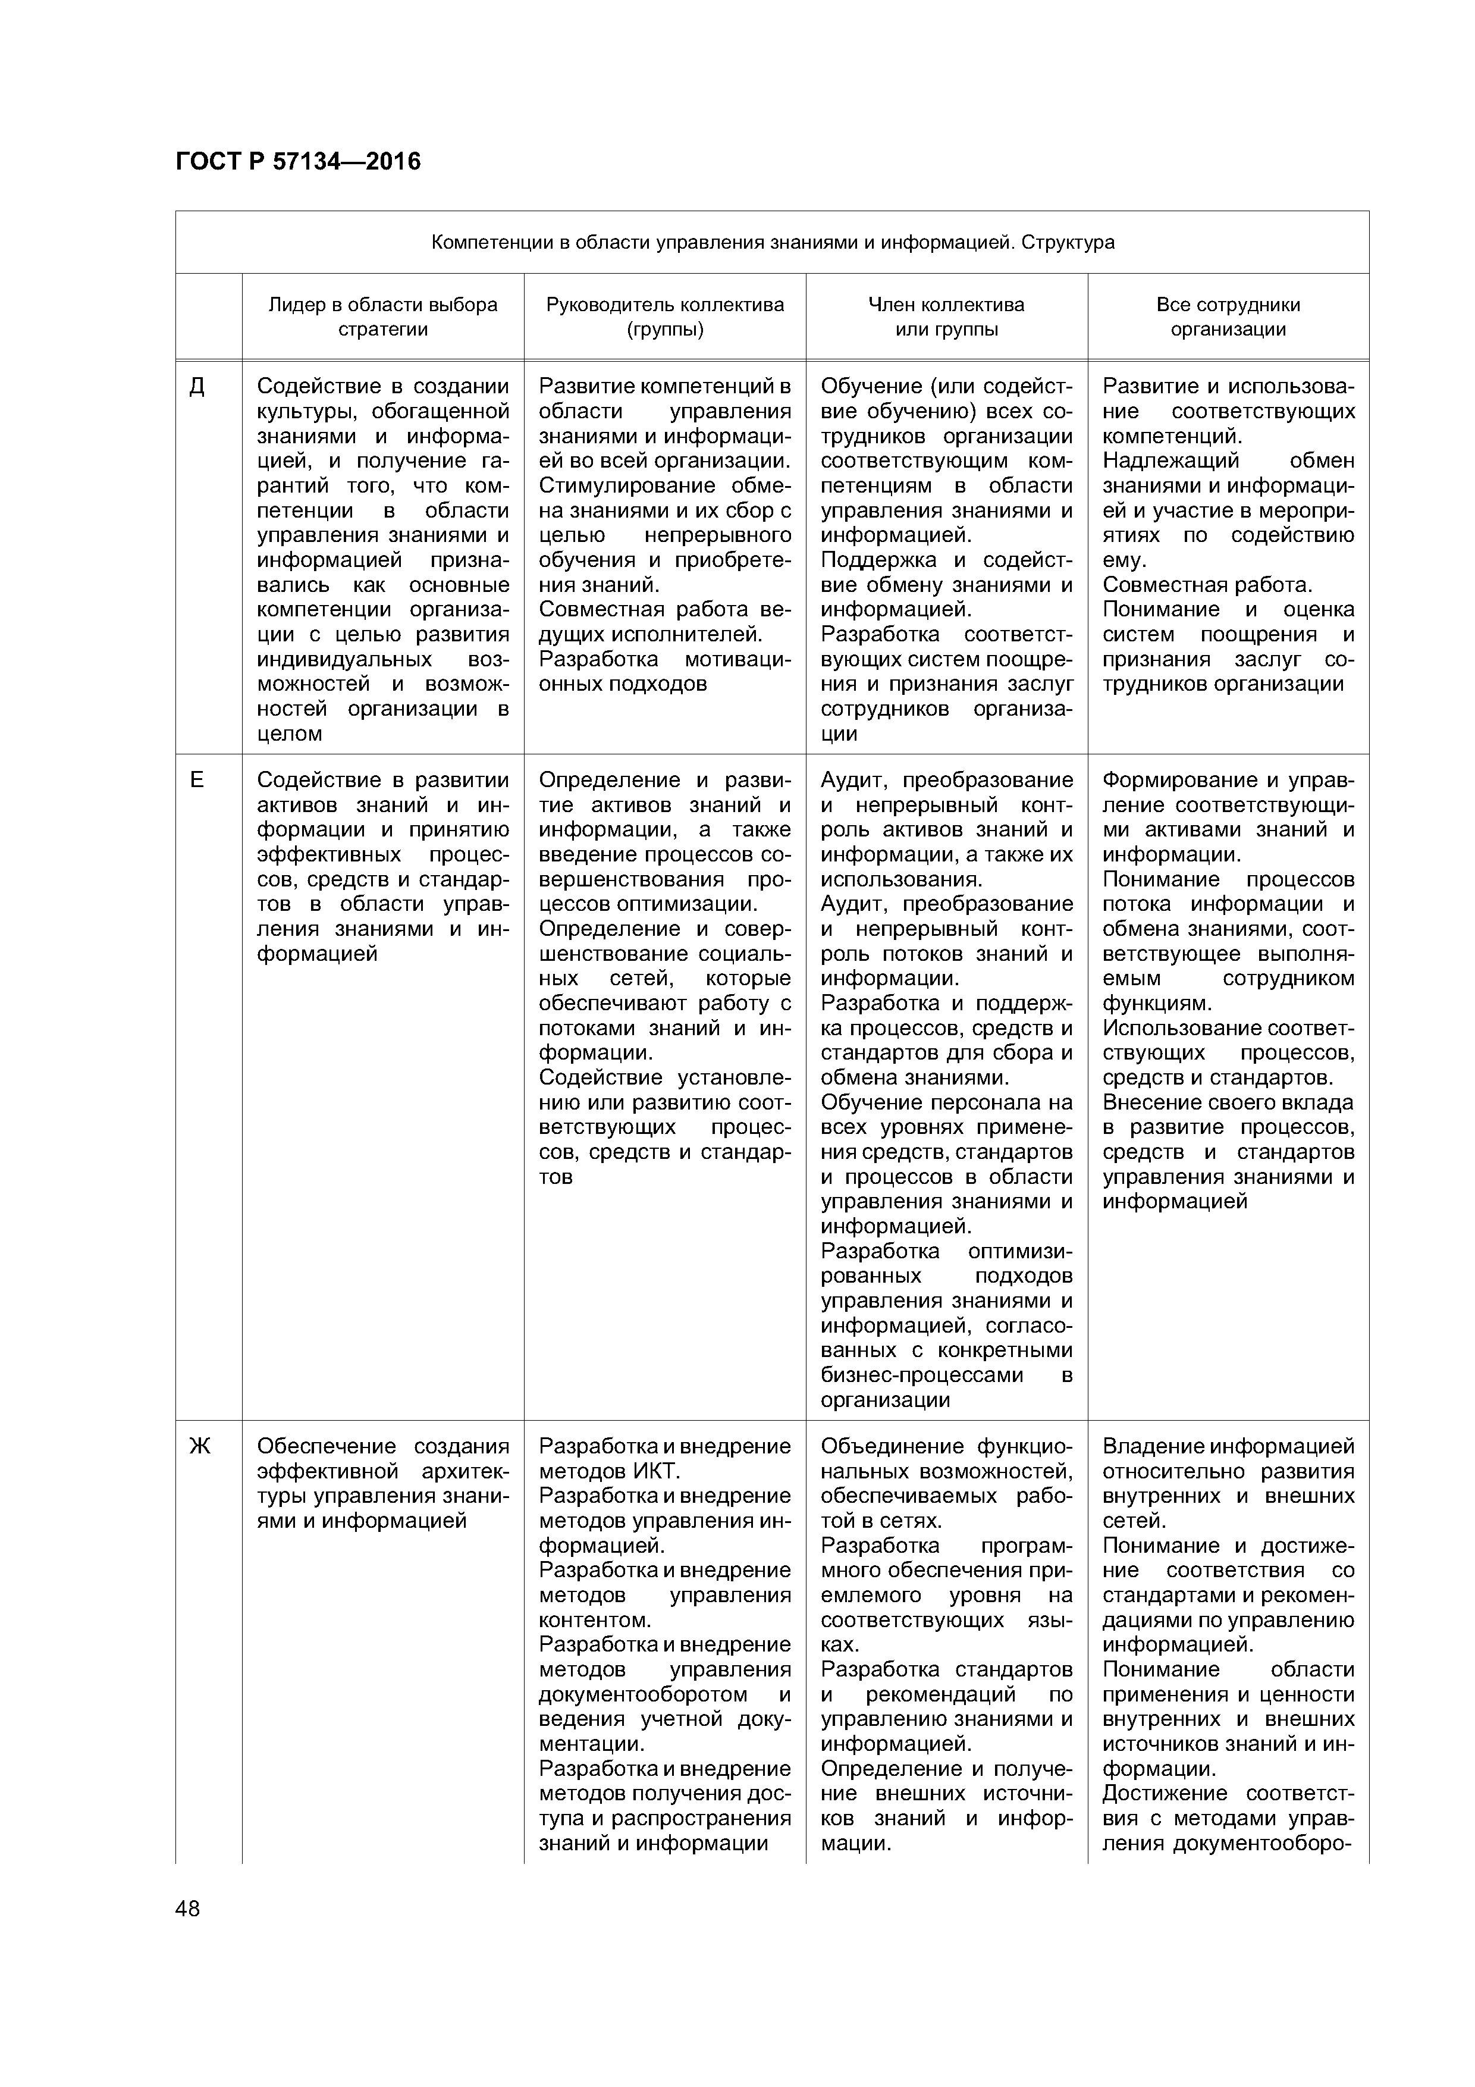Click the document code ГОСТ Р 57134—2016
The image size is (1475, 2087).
[298, 162]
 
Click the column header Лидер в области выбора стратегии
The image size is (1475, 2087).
[382, 317]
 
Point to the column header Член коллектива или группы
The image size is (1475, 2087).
[946, 317]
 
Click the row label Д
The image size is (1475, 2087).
[196, 387]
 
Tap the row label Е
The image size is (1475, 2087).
[196, 780]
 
